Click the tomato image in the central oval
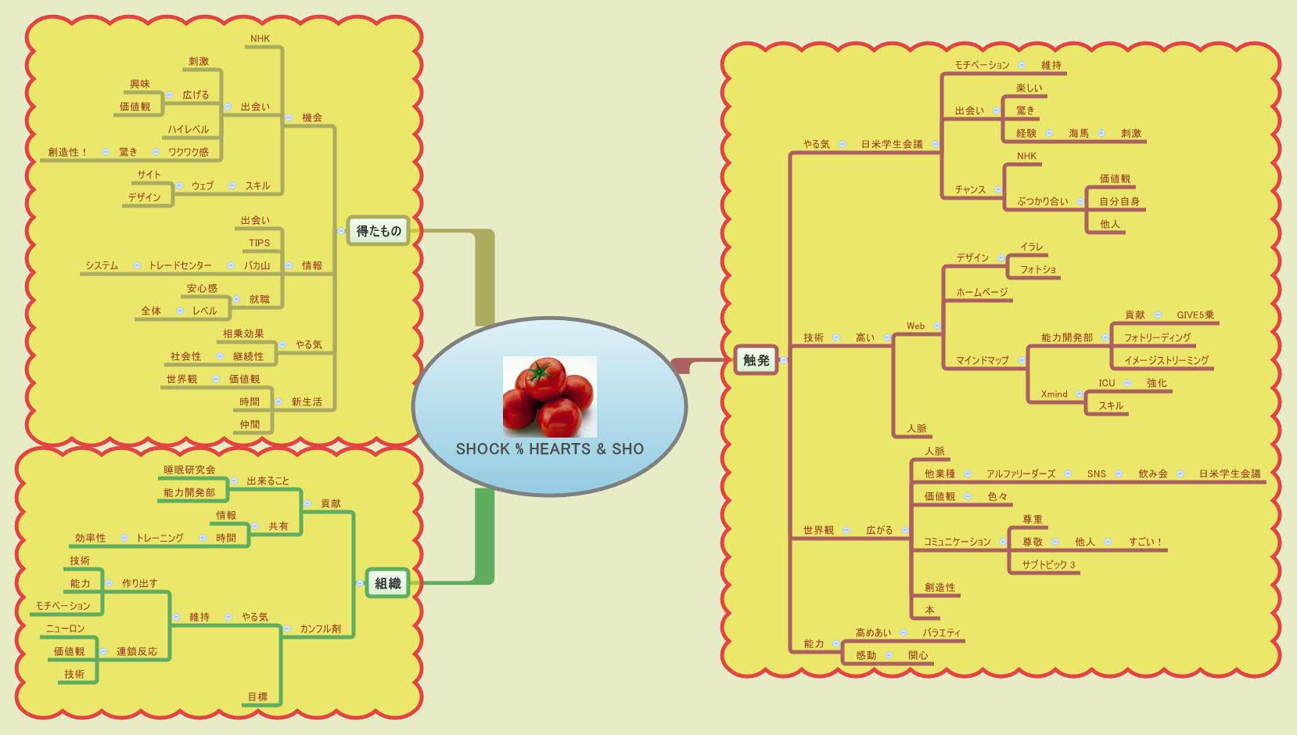click(x=550, y=397)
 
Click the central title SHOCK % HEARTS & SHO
click(x=550, y=449)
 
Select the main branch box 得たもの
click(x=379, y=231)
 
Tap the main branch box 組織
click(x=387, y=583)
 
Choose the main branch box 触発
click(x=756, y=360)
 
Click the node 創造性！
click(x=67, y=152)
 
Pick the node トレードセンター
click(x=180, y=265)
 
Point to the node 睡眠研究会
click(x=189, y=470)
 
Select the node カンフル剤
click(x=320, y=629)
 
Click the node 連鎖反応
click(x=137, y=651)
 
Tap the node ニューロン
click(x=66, y=629)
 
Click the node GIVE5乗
click(x=1195, y=315)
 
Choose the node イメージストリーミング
click(x=1166, y=360)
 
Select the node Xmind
click(x=1054, y=394)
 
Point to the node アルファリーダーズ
click(x=1020, y=474)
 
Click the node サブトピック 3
click(x=1048, y=564)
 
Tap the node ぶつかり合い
click(x=1042, y=201)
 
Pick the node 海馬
click(x=1079, y=133)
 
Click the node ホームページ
click(x=982, y=292)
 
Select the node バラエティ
click(x=941, y=632)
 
